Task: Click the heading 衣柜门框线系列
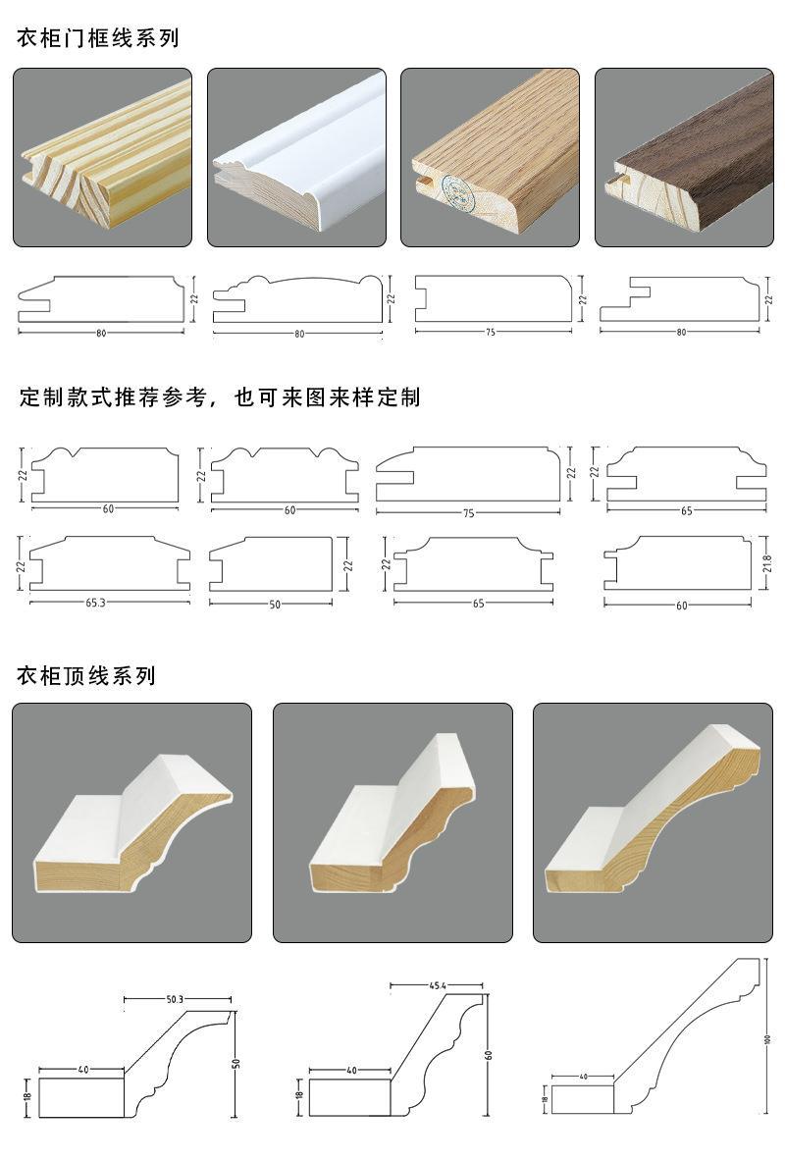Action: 97,39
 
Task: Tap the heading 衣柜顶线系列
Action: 86,676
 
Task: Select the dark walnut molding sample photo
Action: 683,157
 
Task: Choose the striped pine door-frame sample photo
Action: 102,157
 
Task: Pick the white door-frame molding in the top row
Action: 296,157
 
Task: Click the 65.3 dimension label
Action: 96,603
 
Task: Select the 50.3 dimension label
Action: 175,999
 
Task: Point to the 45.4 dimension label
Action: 438,984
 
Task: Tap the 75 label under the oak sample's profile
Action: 490,332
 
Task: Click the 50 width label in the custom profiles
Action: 275,605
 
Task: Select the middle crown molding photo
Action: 392,822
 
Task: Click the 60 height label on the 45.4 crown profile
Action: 488,1056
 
